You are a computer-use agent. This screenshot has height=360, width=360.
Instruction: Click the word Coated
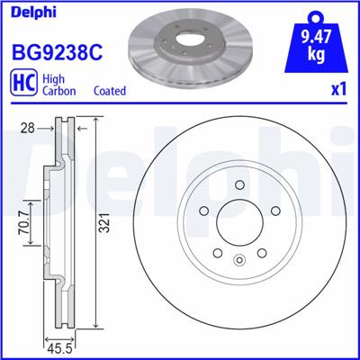[110, 91]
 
